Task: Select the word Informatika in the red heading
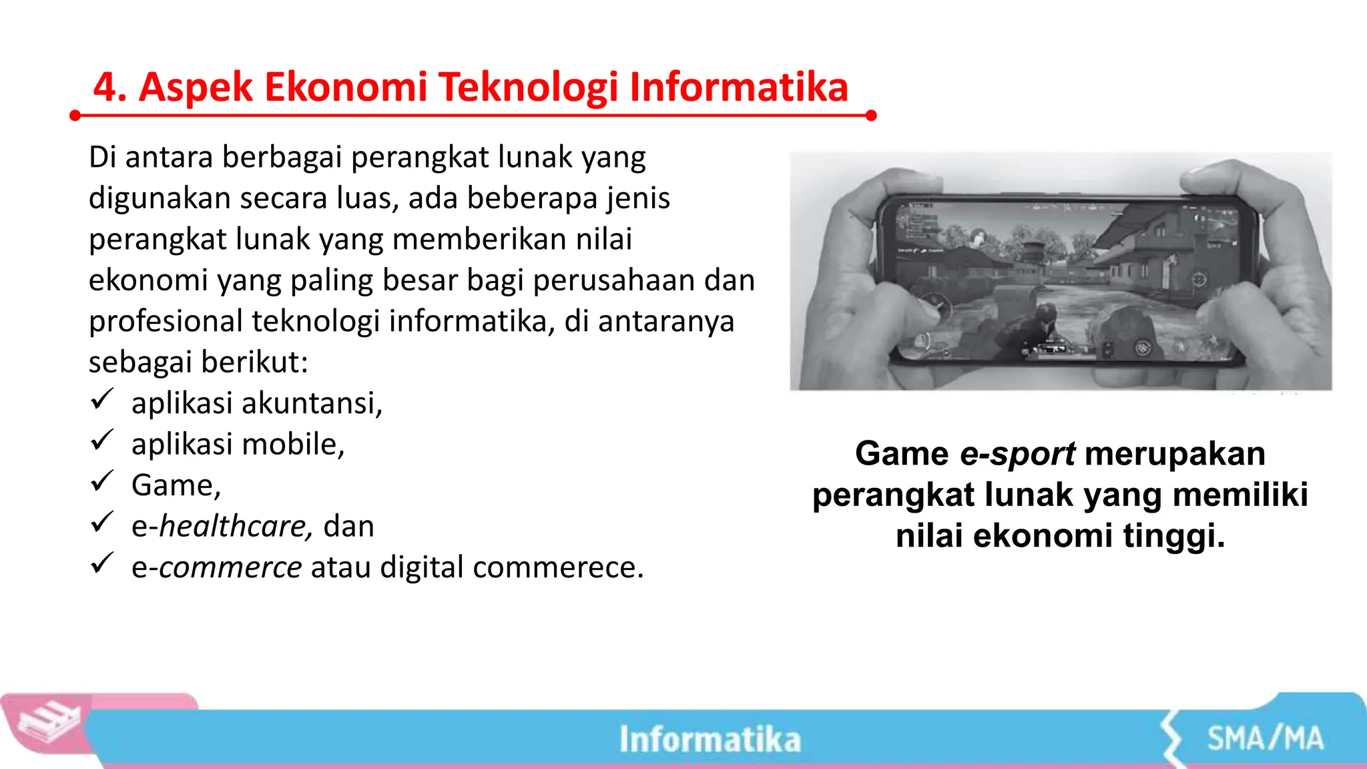point(738,88)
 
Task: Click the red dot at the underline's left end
point(75,116)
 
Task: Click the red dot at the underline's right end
point(870,115)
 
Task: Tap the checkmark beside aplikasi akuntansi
point(101,400)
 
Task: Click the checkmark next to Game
point(101,481)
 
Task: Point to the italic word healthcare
point(234,526)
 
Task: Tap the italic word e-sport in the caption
point(1017,454)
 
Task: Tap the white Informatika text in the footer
point(710,740)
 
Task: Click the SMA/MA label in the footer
point(1265,739)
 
